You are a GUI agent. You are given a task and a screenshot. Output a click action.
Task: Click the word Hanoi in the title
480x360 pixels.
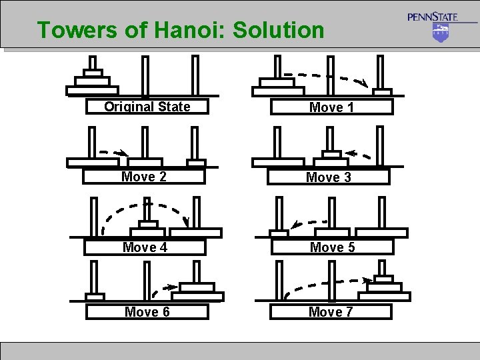191,30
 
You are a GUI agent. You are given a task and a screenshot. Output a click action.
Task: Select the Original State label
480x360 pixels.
147,107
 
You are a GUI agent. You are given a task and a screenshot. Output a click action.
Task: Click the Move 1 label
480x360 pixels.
331,107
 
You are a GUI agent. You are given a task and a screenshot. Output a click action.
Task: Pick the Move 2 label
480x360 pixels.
144,177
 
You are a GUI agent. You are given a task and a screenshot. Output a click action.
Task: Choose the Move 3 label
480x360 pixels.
328,177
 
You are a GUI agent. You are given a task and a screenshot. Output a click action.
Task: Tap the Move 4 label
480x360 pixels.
145,247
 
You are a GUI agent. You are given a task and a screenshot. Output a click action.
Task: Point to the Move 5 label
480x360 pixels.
332,247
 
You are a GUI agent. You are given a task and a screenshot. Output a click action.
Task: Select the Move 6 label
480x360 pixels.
147,312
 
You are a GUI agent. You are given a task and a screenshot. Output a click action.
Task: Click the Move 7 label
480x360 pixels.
331,312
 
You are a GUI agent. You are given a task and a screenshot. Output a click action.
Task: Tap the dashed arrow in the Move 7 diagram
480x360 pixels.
327,284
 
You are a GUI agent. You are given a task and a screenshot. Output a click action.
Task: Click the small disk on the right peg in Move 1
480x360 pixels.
382,91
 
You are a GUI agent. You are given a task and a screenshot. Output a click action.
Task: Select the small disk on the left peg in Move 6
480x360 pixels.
95,296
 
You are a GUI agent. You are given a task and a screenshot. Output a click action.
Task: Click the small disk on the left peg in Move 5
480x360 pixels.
279,233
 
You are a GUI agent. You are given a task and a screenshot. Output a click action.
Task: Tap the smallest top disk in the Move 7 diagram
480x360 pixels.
383,279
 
